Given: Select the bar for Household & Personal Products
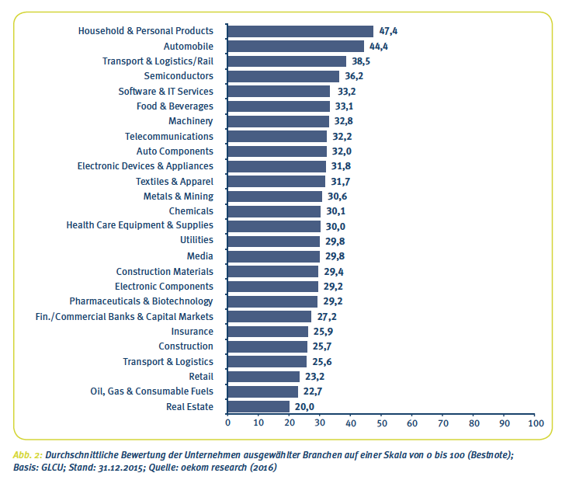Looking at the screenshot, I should pos(300,31).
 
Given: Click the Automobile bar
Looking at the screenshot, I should pos(296,46).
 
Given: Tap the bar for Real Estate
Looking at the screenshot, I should pos(258,406).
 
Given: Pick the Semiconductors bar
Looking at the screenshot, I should pos(283,76).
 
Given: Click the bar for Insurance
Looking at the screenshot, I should pos(268,331).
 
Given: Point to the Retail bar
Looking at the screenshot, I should pos(263,376).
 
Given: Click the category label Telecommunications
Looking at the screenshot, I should pos(168,136).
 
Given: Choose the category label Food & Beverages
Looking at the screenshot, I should pos(175,106).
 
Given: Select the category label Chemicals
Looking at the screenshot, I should pos(191,211).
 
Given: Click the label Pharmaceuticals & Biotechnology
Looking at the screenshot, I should pos(141,301).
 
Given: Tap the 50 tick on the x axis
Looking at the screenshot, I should pos(381,423).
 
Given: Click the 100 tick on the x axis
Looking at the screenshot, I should pos(535,423).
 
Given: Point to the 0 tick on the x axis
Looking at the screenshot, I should pos(227,423).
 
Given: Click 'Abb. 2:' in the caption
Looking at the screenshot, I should pos(28,454).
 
